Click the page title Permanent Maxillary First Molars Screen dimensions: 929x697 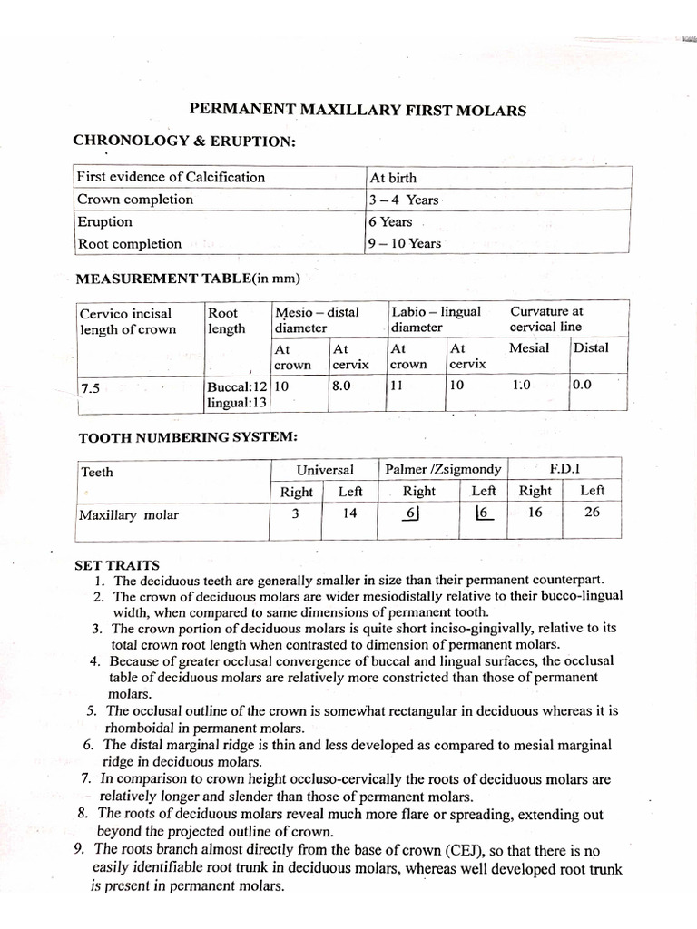tap(358, 110)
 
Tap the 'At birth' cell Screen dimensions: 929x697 tap(393, 178)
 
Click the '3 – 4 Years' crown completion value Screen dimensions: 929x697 tap(403, 200)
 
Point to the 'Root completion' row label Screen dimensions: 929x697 tap(129, 243)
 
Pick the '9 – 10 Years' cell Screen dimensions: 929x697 tap(405, 243)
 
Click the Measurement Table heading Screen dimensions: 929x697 tap(188, 278)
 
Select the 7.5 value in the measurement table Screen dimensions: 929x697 tap(90, 388)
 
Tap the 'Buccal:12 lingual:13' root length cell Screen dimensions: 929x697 tap(237, 393)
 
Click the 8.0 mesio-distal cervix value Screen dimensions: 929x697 tap(341, 385)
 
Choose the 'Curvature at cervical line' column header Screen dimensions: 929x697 tap(546, 318)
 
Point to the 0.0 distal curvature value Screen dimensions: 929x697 tap(582, 384)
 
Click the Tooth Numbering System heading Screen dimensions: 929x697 tap(188, 437)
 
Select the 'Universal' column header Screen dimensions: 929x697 tap(325, 469)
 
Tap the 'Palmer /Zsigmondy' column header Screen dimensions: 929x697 tap(443, 469)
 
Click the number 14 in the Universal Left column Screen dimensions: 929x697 tap(349, 513)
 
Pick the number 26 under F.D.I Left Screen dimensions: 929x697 tap(592, 512)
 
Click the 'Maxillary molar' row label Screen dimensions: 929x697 tap(129, 515)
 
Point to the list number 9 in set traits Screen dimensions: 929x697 tap(78, 849)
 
